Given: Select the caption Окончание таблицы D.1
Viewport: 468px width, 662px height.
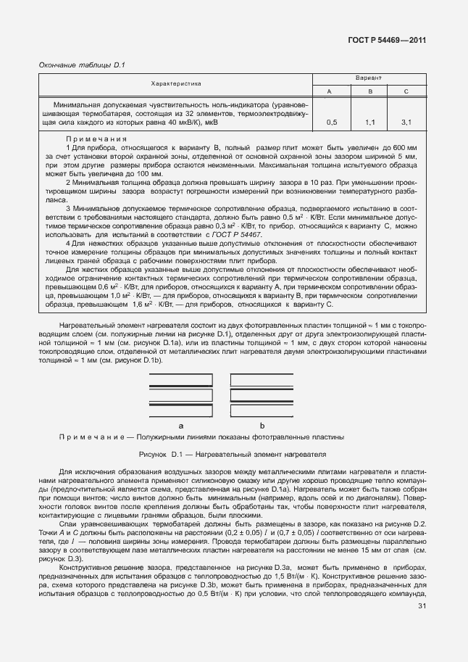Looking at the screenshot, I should pos(82,65).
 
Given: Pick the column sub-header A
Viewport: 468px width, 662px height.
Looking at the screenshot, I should pos(330,91).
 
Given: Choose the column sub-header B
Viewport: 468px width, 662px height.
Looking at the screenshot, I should pos(369,91).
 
